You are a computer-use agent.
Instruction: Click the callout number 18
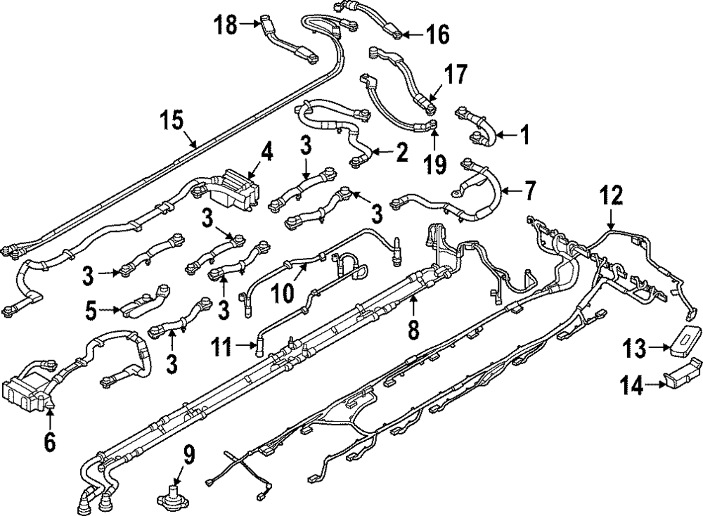226,25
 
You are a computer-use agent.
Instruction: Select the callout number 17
454,75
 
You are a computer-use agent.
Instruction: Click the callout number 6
50,441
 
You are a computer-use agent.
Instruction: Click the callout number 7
529,190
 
